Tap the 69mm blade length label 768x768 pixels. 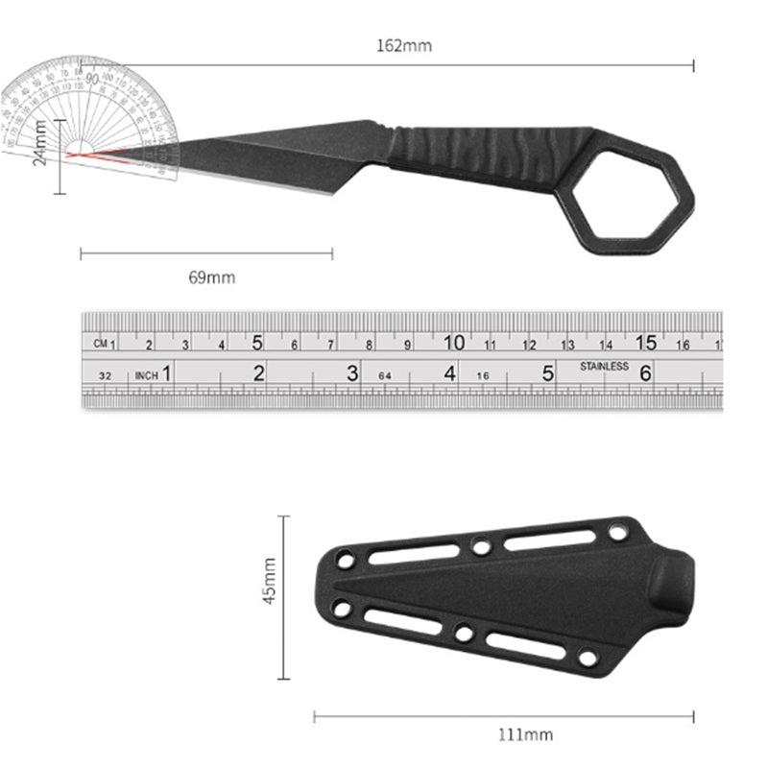[x=211, y=277]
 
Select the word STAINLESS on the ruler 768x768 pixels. [x=604, y=366]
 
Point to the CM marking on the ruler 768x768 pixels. [x=101, y=343]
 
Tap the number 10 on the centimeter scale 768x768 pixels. [x=454, y=342]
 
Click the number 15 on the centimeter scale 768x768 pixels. [x=645, y=342]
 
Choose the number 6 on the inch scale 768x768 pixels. [x=646, y=373]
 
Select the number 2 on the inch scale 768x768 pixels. [x=258, y=374]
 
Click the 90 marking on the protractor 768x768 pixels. [x=92, y=79]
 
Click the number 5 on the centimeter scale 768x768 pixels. [x=258, y=342]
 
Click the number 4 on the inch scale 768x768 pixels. [x=450, y=373]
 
